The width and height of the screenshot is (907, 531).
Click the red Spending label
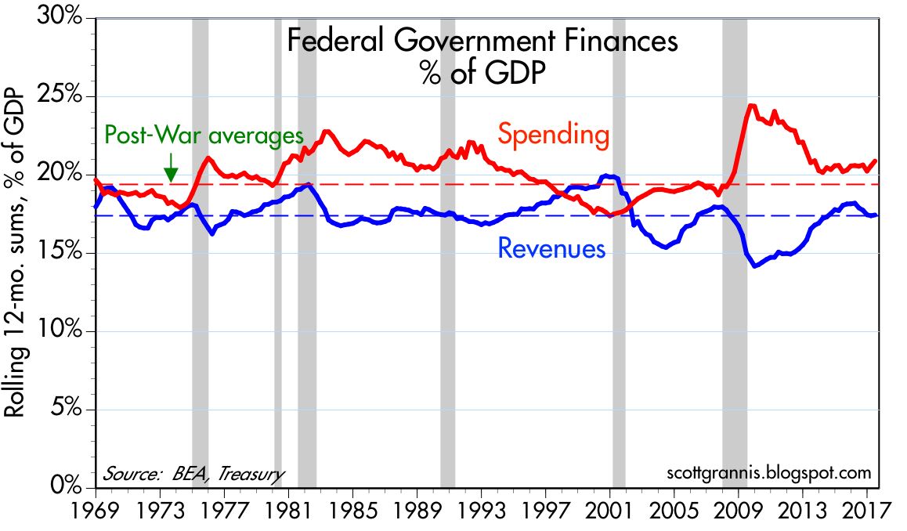pos(554,135)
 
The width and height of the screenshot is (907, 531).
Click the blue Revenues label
pos(551,249)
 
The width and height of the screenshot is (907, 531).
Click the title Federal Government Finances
pos(482,41)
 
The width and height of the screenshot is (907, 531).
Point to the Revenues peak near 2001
pos(609,175)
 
